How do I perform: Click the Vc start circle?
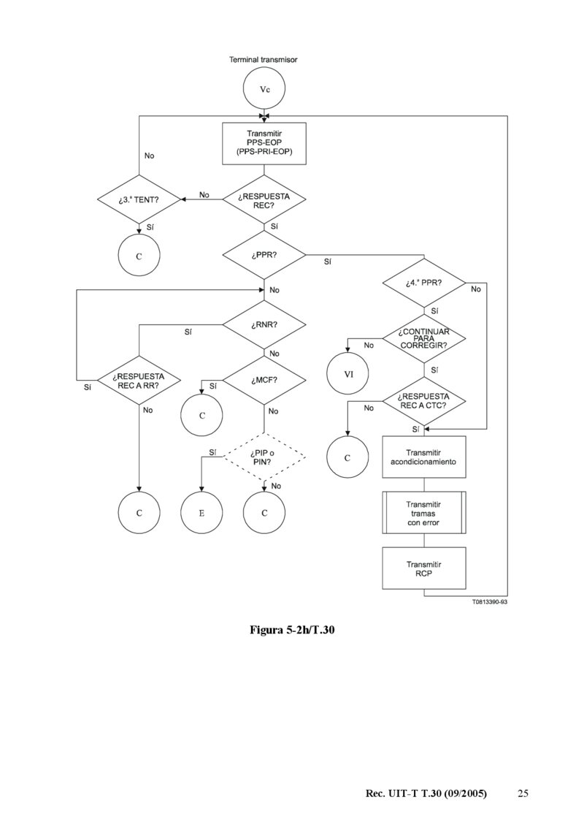tap(264, 89)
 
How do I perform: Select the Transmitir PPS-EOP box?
tap(264, 142)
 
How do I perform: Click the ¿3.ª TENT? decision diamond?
tap(139, 199)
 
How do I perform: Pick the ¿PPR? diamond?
tap(264, 256)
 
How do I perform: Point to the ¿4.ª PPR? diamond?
tap(424, 283)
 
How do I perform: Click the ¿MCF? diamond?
tap(264, 380)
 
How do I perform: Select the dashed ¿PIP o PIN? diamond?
tap(264, 457)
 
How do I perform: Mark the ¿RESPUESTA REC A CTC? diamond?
tap(424, 400)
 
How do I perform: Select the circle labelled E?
tap(201, 513)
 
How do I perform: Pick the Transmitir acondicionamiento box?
tap(424, 457)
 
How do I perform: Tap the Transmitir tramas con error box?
tap(424, 513)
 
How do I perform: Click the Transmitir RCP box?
tap(424, 568)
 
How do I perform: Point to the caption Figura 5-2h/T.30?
tap(292, 630)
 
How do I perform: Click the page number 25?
tap(523, 793)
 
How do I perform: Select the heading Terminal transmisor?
tap(264, 59)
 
